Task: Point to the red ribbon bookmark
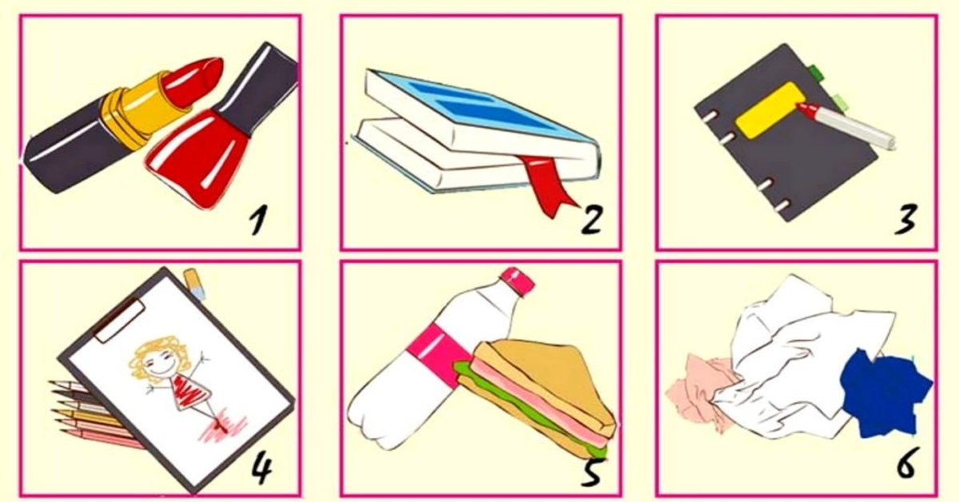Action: pos(548,184)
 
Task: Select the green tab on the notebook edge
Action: pos(817,72)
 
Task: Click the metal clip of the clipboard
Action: pos(120,320)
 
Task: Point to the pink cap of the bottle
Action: pos(518,281)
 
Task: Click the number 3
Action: pos(905,219)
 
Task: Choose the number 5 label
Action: pos(592,470)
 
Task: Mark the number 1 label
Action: pos(259,219)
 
